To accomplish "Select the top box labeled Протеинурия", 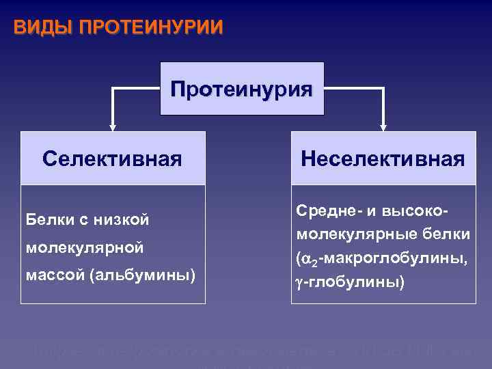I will (241, 89).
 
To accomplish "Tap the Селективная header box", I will (112, 159).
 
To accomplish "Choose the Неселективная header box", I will (383, 159).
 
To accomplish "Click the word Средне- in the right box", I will (325, 211).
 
